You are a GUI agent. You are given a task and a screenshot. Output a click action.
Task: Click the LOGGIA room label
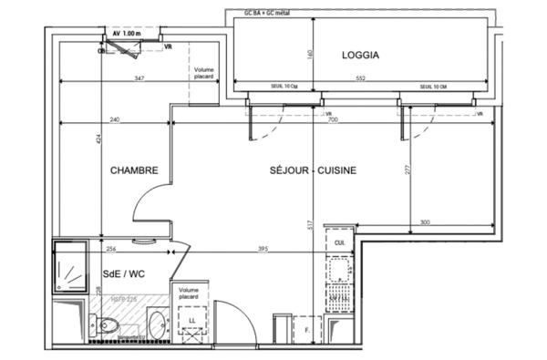(360, 55)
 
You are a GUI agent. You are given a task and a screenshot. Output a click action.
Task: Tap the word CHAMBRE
(135, 170)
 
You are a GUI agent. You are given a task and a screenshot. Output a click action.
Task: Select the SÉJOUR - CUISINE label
(312, 170)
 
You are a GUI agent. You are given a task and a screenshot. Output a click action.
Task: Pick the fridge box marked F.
(310, 329)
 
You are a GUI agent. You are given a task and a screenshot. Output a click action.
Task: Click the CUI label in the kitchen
(339, 243)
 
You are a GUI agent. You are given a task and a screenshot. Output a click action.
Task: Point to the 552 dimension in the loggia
(360, 79)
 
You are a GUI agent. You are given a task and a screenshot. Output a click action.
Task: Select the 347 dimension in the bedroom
(139, 79)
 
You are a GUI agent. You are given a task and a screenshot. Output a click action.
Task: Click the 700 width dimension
(333, 119)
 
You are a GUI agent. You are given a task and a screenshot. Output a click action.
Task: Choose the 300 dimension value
(424, 222)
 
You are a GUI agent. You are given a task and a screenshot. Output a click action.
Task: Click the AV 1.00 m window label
(128, 32)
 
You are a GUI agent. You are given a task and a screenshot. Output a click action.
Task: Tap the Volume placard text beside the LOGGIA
(203, 74)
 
